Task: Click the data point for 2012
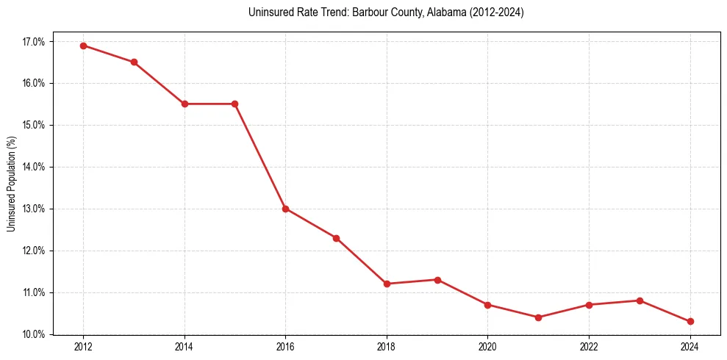point(83,46)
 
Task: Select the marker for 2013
point(134,62)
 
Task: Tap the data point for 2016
point(285,209)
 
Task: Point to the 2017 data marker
point(336,238)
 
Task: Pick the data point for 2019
point(437,280)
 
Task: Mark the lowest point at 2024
point(690,322)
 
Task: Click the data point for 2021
point(538,317)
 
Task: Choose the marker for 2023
point(640,300)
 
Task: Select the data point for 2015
point(234,104)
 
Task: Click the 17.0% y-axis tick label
point(34,42)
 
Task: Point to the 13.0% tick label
point(34,209)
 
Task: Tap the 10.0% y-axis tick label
point(34,335)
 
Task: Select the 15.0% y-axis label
point(34,126)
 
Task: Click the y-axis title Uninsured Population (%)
point(11,184)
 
